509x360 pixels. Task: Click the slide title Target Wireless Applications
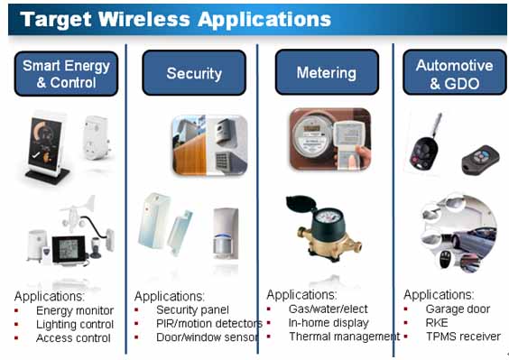(175, 19)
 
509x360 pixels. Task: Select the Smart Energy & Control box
(66, 74)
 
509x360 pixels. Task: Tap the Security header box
(194, 73)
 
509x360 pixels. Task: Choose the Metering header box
(327, 72)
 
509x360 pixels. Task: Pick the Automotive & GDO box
(455, 72)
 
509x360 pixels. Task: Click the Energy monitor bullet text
(75, 310)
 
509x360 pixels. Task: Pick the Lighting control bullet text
(75, 324)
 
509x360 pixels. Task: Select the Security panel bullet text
(192, 310)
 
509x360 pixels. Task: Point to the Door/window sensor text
(208, 337)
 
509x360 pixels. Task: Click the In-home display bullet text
(329, 323)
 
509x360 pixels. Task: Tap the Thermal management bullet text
(345, 337)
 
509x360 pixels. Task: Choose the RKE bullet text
(437, 323)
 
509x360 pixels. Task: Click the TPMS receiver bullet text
(463, 337)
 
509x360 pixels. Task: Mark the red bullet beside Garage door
(406, 309)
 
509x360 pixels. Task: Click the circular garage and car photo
(459, 233)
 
